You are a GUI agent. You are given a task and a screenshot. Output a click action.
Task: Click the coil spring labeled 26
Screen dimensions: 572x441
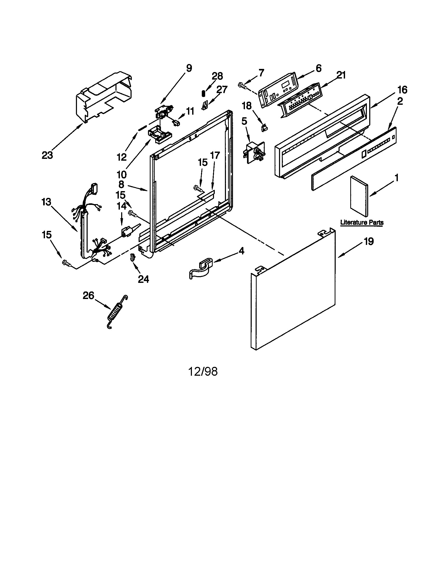[x=116, y=312]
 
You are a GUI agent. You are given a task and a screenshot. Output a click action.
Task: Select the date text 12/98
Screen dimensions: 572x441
[x=203, y=371]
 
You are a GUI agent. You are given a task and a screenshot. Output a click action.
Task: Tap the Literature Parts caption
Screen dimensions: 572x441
[x=362, y=223]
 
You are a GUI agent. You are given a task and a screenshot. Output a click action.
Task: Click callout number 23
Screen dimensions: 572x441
[x=47, y=155]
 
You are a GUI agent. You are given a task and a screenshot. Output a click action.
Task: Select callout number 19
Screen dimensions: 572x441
[x=369, y=242]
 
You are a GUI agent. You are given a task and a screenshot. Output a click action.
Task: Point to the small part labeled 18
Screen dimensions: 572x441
[x=264, y=128]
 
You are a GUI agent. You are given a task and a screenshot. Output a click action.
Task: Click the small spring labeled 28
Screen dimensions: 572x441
[x=203, y=93]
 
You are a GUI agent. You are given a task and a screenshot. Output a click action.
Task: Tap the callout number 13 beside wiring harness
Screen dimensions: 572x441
[x=46, y=202]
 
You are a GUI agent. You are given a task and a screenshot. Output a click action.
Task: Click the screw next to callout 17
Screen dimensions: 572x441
[x=197, y=187]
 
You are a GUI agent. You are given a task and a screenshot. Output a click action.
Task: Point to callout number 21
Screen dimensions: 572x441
[x=341, y=75]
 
